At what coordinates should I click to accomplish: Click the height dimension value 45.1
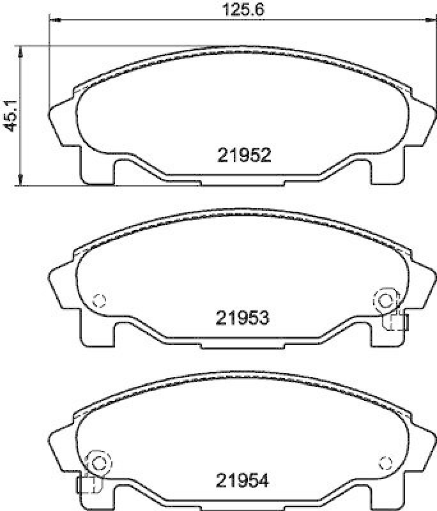pyautogui.click(x=9, y=116)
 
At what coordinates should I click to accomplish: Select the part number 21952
pyautogui.click(x=245, y=155)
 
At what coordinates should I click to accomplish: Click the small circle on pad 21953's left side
pyautogui.click(x=98, y=299)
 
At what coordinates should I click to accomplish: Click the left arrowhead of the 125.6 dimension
pyautogui.click(x=54, y=21)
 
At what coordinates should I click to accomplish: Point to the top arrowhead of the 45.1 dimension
pyautogui.click(x=21, y=50)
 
